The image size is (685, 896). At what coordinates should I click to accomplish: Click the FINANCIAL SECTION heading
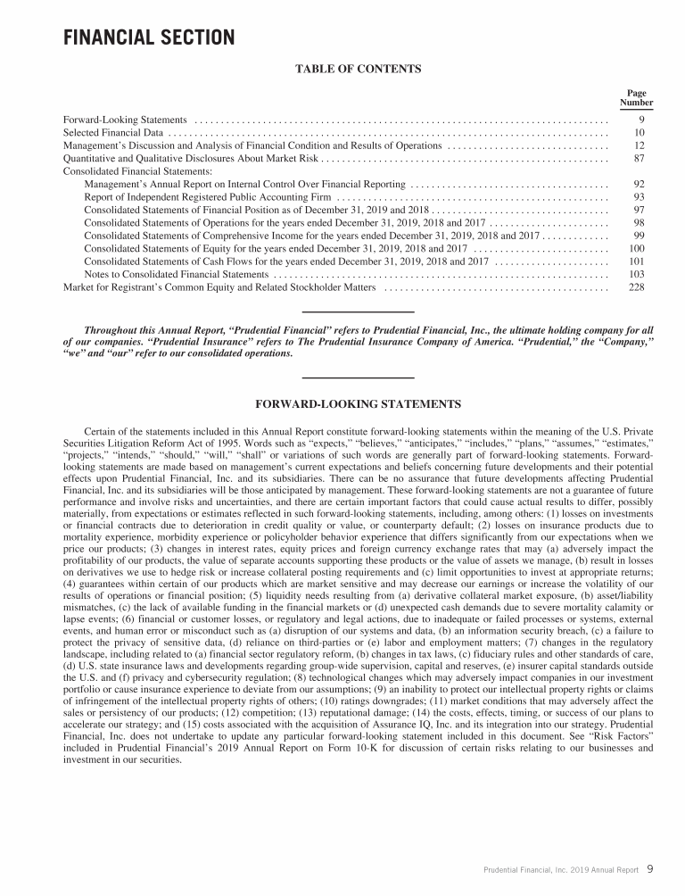coord(149,38)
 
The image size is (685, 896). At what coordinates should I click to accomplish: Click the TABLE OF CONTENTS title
coord(358,68)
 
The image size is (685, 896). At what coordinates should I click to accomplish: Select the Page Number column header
coord(636,97)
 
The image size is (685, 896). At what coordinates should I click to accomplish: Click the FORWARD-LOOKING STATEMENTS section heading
coord(358,404)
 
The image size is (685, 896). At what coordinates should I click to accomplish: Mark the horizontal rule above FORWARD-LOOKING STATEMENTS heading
coord(358,377)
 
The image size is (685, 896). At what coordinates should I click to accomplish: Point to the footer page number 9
coord(650,867)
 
